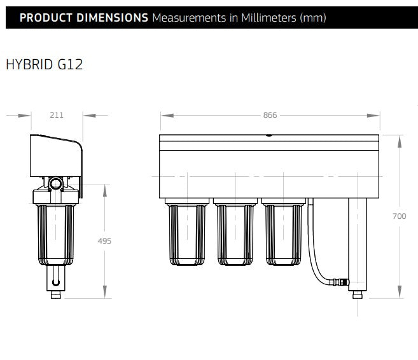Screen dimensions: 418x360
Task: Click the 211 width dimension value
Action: tap(57, 115)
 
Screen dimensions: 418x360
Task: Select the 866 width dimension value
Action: tap(270, 115)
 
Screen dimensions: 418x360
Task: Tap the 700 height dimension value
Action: tap(400, 216)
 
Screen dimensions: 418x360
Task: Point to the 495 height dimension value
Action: tap(104, 241)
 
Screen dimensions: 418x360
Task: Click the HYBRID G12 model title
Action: tap(45, 64)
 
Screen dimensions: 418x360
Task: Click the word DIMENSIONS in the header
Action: tap(112, 18)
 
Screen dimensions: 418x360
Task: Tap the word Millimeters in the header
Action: tap(268, 18)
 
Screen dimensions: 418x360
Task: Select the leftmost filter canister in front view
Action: tap(187, 232)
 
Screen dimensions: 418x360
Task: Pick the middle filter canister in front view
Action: tap(235, 232)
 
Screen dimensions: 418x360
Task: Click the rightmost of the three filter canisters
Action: tap(283, 232)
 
